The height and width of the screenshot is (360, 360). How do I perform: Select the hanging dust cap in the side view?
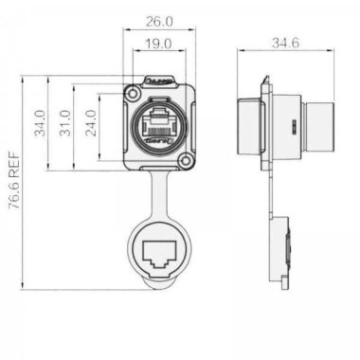point(281,250)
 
